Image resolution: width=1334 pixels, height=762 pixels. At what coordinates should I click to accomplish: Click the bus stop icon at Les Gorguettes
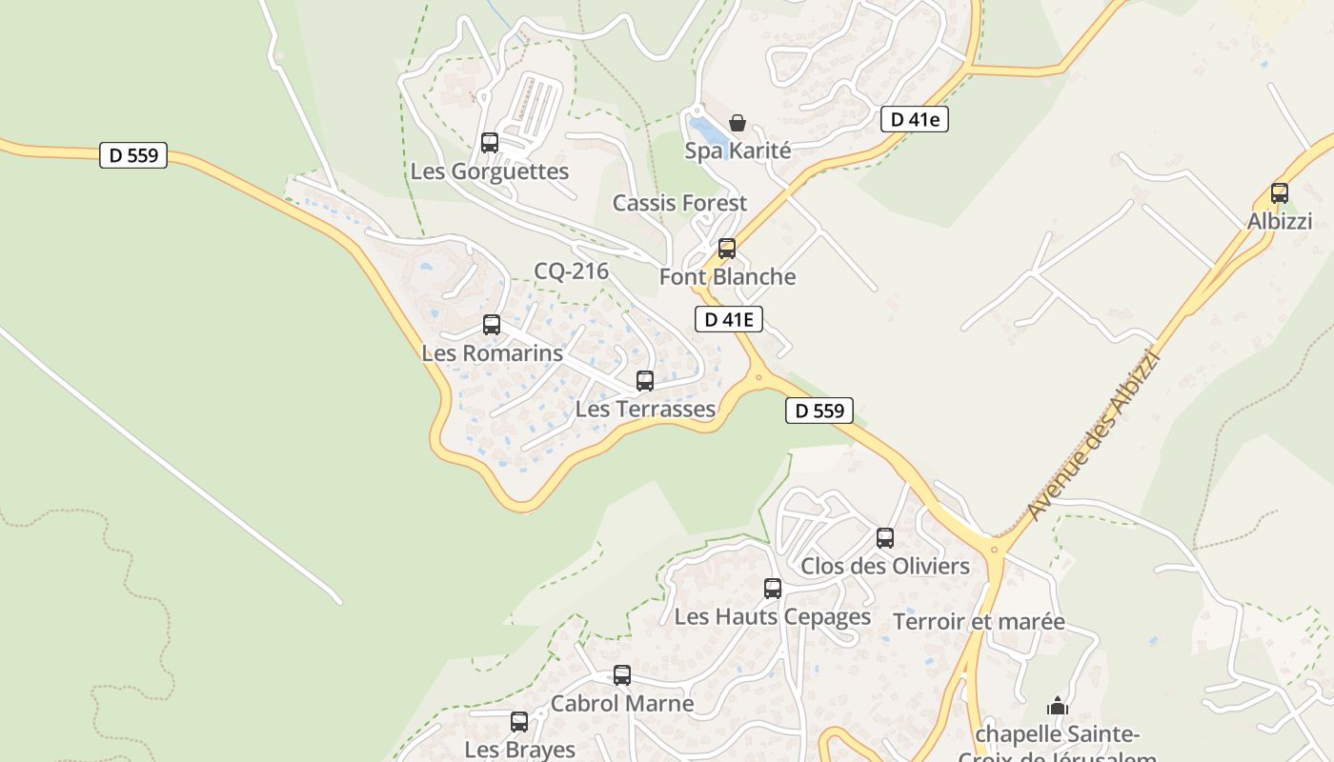tap(490, 143)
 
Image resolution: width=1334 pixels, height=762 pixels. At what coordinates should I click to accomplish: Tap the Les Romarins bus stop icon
tap(492, 325)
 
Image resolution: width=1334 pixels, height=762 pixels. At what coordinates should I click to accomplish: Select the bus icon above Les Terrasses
tap(645, 381)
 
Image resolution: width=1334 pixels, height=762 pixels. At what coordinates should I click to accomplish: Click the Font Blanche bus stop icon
tap(727, 249)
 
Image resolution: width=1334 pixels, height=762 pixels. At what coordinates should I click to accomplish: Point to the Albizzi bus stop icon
tap(1280, 193)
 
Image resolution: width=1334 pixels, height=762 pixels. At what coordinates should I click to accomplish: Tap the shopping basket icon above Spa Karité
tap(737, 123)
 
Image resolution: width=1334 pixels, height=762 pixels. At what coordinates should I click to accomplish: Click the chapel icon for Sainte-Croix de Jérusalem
tap(1058, 706)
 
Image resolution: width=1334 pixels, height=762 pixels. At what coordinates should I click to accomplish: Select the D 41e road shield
tap(914, 119)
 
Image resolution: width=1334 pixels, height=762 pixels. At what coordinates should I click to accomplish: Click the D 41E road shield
tap(730, 319)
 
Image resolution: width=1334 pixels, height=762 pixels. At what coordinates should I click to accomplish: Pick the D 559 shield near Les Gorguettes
tap(133, 155)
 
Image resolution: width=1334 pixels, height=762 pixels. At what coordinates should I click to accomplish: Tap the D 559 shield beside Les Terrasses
tap(819, 411)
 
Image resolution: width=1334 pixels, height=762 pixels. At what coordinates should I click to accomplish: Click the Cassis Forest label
tap(679, 203)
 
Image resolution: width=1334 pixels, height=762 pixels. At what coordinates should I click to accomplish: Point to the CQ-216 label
tap(571, 271)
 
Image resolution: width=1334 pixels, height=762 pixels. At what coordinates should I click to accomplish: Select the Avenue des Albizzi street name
tap(1095, 435)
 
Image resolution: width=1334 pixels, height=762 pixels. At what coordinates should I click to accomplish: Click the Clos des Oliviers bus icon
tap(885, 538)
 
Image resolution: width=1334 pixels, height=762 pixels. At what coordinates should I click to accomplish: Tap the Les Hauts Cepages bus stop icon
tap(773, 589)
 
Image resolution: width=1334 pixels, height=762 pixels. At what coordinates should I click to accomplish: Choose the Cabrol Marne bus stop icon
tap(622, 675)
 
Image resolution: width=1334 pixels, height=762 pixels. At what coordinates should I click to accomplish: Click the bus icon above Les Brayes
tap(519, 722)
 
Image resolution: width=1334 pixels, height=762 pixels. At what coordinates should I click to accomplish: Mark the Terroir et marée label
tap(979, 622)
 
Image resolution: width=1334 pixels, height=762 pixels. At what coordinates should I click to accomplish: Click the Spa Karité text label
tap(738, 150)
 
